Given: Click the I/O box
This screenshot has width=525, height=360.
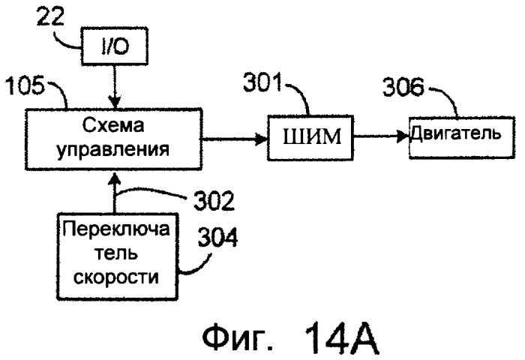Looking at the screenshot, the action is (x=115, y=46).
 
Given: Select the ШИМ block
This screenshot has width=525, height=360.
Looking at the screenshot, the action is (x=310, y=138).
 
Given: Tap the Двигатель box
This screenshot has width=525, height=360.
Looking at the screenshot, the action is (x=462, y=137).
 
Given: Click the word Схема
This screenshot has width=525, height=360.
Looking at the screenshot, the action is (x=113, y=125).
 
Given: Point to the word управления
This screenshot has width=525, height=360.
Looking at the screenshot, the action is (x=113, y=148).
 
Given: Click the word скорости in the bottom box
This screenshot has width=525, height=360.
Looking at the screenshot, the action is (x=115, y=277).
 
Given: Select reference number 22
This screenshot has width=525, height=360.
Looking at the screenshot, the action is (x=50, y=16).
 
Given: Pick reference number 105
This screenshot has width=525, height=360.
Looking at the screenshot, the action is (x=25, y=85).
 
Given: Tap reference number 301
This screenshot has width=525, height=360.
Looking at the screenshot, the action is (x=262, y=82).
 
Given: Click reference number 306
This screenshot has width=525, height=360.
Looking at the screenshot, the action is (x=403, y=87).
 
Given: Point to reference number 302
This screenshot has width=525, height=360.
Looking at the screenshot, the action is (x=214, y=201).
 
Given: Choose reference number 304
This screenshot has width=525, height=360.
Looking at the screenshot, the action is (x=218, y=238).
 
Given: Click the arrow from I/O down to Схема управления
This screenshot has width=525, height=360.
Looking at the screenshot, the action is (x=115, y=86).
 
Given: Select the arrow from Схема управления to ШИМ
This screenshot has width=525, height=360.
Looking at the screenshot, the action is (x=234, y=139).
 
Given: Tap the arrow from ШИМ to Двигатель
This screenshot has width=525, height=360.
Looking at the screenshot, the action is (x=381, y=136).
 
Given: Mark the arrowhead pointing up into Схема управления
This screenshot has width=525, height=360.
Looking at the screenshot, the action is (x=115, y=178).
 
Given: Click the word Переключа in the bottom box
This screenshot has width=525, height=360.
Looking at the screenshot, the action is (x=116, y=229).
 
